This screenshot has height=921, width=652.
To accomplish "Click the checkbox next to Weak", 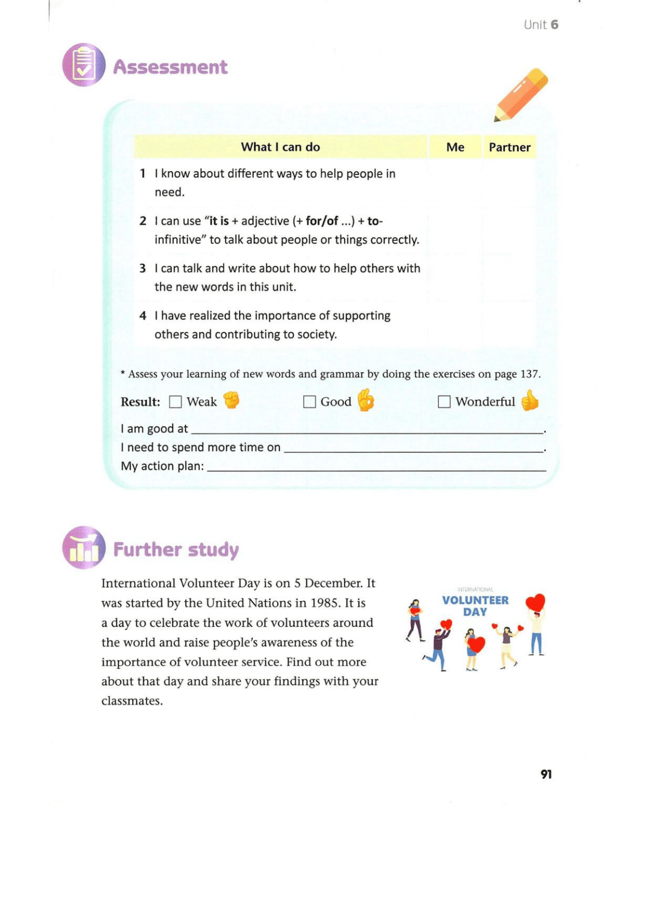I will click(175, 402).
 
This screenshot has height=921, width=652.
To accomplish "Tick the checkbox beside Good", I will click(310, 402).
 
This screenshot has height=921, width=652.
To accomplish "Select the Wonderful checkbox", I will click(444, 402).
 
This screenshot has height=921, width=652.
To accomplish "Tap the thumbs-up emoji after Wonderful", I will click(529, 400).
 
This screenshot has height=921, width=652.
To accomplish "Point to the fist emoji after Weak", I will click(231, 400).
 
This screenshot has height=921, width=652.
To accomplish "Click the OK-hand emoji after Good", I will click(366, 400).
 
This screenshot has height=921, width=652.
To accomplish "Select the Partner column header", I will click(509, 147).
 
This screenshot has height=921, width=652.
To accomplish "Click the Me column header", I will click(455, 147).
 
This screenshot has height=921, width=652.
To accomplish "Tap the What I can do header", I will click(280, 147).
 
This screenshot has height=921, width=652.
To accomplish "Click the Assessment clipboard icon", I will click(84, 65).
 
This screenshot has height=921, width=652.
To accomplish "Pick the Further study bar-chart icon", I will click(84, 547).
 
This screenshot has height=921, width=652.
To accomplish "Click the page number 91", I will click(546, 774).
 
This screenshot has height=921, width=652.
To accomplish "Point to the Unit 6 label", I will click(540, 25).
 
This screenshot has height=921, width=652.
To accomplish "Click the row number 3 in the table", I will click(143, 269).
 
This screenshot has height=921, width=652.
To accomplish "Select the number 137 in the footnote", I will click(529, 374).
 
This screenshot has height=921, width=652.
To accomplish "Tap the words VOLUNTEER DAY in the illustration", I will click(475, 606).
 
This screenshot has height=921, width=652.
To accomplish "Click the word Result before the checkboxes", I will click(140, 402).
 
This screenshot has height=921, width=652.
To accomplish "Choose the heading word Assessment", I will click(170, 67).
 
